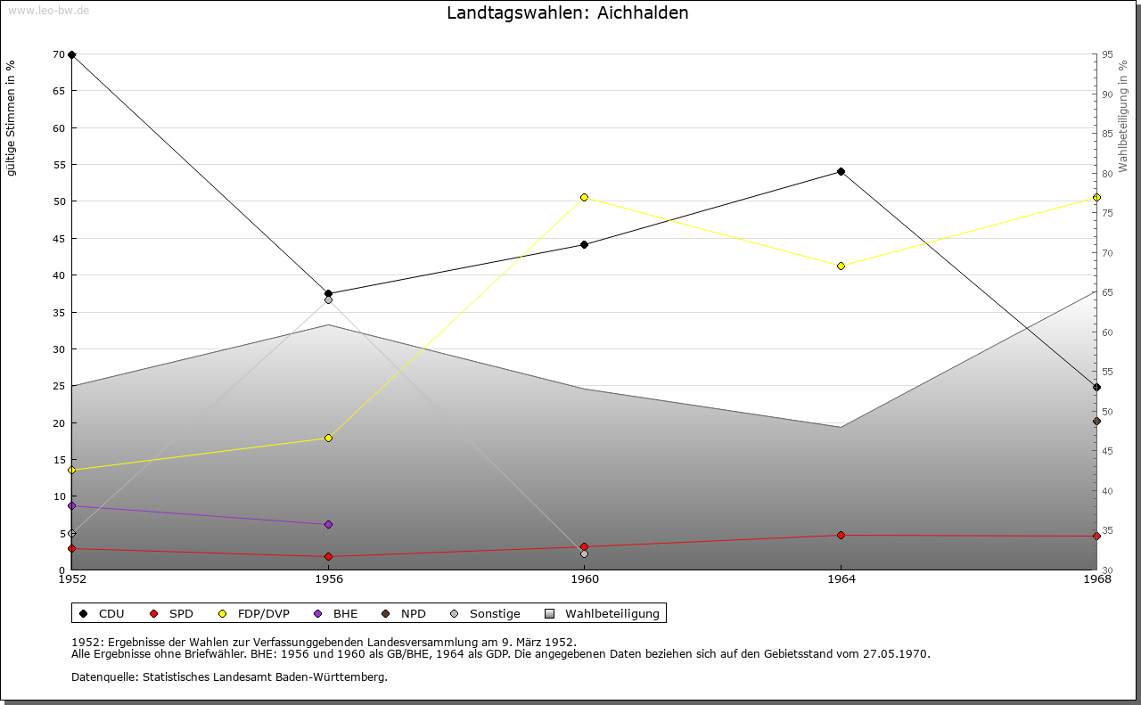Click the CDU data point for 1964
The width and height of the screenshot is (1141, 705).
pos(841,171)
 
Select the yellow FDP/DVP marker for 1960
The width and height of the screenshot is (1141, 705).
pos(585,197)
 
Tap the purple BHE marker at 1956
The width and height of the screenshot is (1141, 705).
pos(328,524)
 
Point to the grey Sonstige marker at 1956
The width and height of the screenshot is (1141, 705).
pos(328,299)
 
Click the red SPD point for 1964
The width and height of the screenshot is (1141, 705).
pos(841,535)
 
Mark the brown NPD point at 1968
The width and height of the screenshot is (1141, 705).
pos(1096,421)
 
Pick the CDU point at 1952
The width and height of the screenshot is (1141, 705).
pos(72,54)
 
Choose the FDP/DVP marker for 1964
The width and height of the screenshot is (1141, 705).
pos(841,266)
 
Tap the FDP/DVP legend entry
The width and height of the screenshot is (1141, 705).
pos(256,613)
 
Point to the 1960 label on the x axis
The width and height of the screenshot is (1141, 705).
pos(585,579)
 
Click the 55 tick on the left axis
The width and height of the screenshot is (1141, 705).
pos(59,165)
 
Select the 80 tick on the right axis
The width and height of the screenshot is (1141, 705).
pos(1106,174)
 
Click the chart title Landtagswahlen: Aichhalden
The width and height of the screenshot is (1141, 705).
pos(568,12)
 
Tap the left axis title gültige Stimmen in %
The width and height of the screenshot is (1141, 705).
pos(12,118)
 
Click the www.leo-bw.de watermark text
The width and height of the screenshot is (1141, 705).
pos(48,10)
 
